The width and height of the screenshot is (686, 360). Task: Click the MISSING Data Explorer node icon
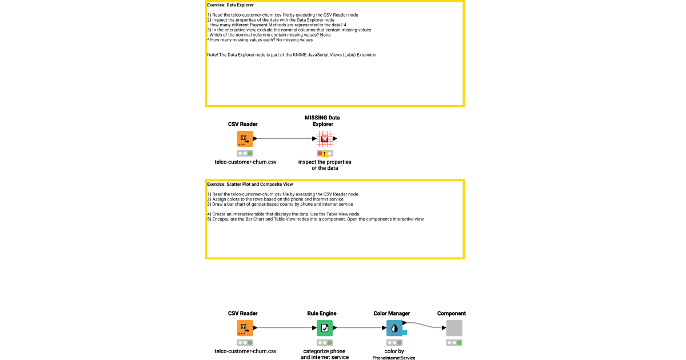pyautogui.click(x=325, y=139)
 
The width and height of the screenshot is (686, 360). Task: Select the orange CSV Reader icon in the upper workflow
pyautogui.click(x=245, y=139)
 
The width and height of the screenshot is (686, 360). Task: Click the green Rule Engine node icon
pyautogui.click(x=325, y=328)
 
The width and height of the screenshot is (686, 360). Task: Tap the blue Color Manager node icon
pyautogui.click(x=394, y=328)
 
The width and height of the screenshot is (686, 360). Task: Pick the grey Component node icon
pyautogui.click(x=454, y=328)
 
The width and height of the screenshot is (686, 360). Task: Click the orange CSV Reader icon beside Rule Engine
pyautogui.click(x=245, y=328)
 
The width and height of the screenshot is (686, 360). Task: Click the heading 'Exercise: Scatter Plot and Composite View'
pyautogui.click(x=250, y=185)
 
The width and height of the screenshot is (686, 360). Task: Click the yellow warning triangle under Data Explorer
pyautogui.click(x=325, y=154)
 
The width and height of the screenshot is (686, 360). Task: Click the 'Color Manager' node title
pyautogui.click(x=392, y=313)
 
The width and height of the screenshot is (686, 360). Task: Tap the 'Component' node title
pyautogui.click(x=452, y=313)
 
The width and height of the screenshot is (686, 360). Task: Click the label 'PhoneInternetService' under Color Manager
pyautogui.click(x=394, y=358)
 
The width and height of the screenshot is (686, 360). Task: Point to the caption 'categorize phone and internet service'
pyautogui.click(x=325, y=354)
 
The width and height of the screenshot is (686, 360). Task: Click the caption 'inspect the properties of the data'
pyautogui.click(x=325, y=165)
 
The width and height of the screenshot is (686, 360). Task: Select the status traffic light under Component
pyautogui.click(x=454, y=343)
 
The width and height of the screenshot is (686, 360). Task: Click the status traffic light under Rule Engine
pyautogui.click(x=325, y=343)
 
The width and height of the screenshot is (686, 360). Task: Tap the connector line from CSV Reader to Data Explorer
pyautogui.click(x=284, y=139)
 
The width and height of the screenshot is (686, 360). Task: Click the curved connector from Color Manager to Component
pyautogui.click(x=426, y=325)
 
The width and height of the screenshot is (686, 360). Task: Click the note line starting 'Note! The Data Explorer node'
pyautogui.click(x=292, y=55)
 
